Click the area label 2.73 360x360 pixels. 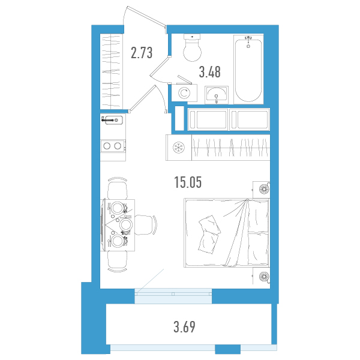coord(142,53)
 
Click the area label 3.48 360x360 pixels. coord(210,71)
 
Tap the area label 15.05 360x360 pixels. coord(188,182)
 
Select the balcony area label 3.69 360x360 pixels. coord(185,327)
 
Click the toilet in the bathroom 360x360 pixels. coord(192,47)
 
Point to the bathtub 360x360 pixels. coord(248,70)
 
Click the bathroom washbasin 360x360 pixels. coord(216,95)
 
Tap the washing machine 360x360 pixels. coord(184,93)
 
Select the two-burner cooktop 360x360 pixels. coord(113,146)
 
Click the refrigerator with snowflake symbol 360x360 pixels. coord(179,148)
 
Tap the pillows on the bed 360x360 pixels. coord(209,234)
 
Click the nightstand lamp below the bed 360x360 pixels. coord(263,276)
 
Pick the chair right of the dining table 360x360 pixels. coord(145,225)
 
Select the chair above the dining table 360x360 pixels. coord(118,188)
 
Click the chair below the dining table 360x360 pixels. coord(118,262)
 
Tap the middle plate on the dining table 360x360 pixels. coord(126,225)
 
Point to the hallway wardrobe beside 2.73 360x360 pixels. coord(112,71)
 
